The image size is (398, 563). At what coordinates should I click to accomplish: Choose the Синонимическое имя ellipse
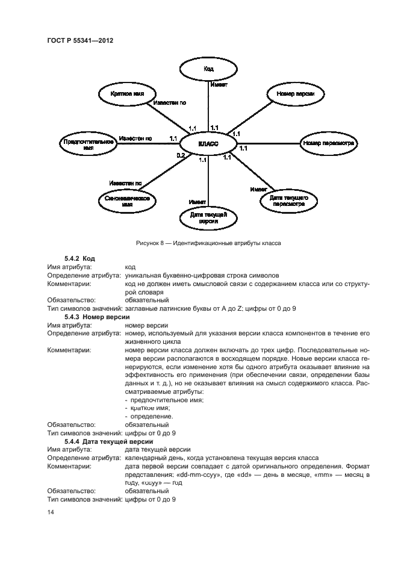point(127,201)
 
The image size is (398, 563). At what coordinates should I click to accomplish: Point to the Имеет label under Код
point(218,85)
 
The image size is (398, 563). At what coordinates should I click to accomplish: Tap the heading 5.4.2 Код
point(80,258)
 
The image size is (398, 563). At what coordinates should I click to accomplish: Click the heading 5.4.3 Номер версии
point(97,316)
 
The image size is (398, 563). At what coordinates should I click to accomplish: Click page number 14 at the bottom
point(51,512)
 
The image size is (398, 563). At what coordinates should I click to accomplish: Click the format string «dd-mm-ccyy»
point(191,474)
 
